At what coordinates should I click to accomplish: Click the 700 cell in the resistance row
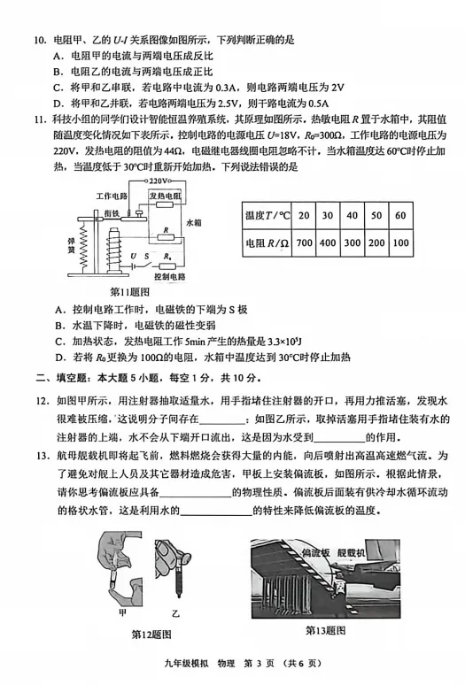coord(305,242)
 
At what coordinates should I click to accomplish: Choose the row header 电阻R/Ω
coord(267,242)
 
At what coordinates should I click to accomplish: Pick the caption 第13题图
coord(326,629)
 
